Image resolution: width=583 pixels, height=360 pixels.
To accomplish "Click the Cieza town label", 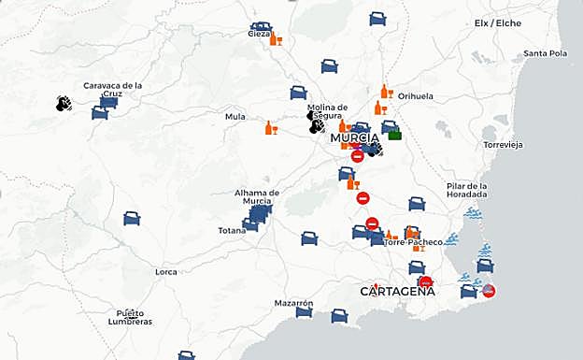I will point(259,34).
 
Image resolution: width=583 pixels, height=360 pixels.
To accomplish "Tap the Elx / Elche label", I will point(497,23).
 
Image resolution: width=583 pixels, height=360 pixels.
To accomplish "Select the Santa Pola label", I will point(546,53).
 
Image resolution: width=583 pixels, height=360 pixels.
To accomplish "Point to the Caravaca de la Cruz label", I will point(112,90).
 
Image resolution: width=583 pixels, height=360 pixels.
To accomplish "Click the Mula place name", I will point(235,117).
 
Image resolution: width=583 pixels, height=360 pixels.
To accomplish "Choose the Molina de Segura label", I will point(327,111).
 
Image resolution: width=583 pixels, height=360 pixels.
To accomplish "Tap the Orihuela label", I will point(416,96).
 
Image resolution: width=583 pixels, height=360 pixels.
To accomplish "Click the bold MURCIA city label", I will point(354,138).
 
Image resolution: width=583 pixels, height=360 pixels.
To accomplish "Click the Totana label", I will point(232,230).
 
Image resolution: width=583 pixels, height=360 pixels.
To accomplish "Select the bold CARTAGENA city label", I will point(397,291).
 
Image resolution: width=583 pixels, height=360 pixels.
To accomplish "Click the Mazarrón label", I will point(293,304).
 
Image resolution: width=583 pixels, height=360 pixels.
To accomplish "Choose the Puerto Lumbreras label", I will point(130,317).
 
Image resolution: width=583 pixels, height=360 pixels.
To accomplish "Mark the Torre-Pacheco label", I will point(413,242).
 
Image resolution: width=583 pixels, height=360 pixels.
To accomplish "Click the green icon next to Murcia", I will point(394,136).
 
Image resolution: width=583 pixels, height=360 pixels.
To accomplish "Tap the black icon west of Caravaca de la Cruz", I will point(64,103).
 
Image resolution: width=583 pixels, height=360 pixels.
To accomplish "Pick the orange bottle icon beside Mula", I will point(271,128).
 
